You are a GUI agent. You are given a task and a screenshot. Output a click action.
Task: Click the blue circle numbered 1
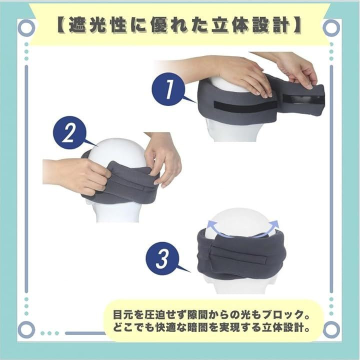(168, 89)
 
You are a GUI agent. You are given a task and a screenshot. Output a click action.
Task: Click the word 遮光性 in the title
(98, 25)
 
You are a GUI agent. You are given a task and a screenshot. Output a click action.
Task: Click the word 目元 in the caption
(123, 315)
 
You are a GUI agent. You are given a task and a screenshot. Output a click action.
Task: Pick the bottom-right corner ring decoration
(331, 329)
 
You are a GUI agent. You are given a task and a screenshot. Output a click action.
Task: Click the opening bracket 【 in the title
(61, 25)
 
